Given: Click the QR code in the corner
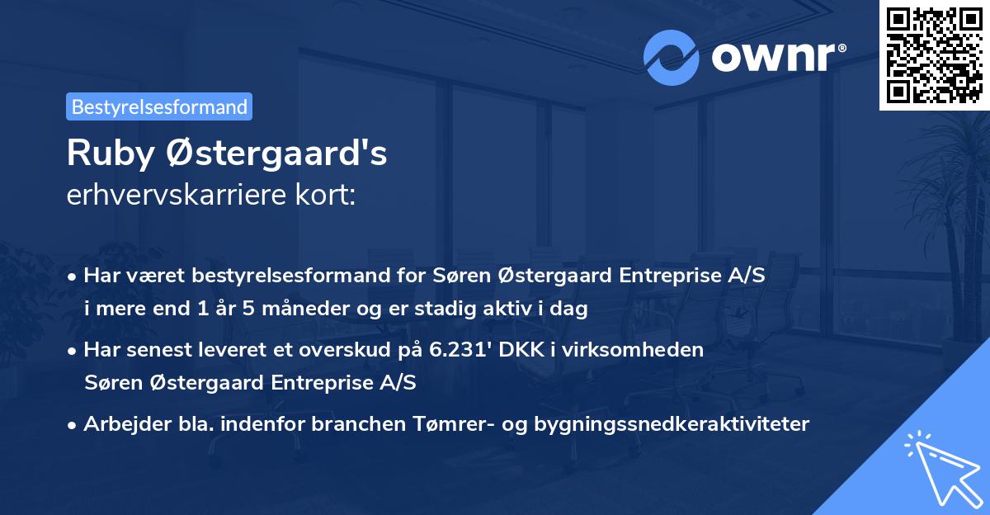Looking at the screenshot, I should (x=935, y=54).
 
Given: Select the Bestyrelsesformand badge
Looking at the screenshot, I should (x=159, y=106).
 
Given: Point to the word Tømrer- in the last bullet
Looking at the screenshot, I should (x=440, y=423).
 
